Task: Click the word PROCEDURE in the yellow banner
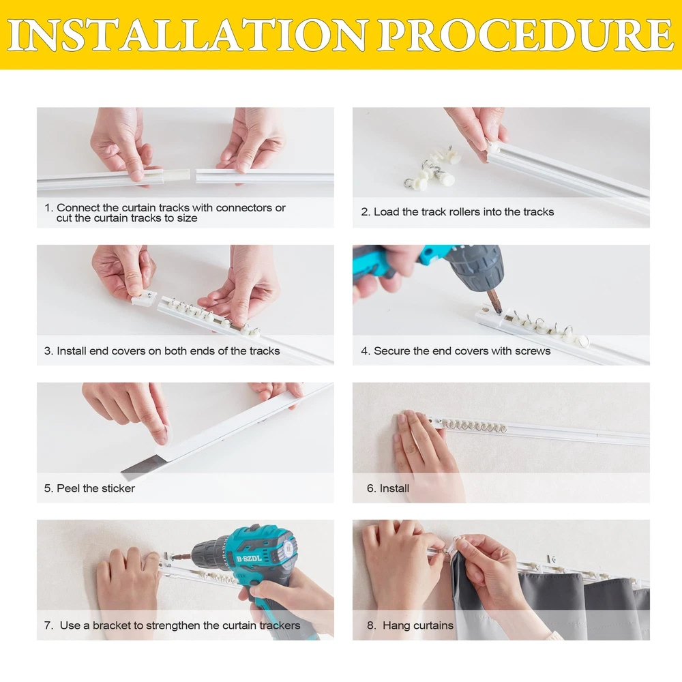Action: tap(525, 35)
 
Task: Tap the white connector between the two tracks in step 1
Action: tap(176, 175)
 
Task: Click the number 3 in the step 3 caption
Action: tap(47, 351)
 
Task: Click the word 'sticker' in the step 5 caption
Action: tap(117, 488)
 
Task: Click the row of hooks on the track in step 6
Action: tap(474, 426)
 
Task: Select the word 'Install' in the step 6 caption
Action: tap(394, 488)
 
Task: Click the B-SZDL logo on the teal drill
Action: tap(249, 559)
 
